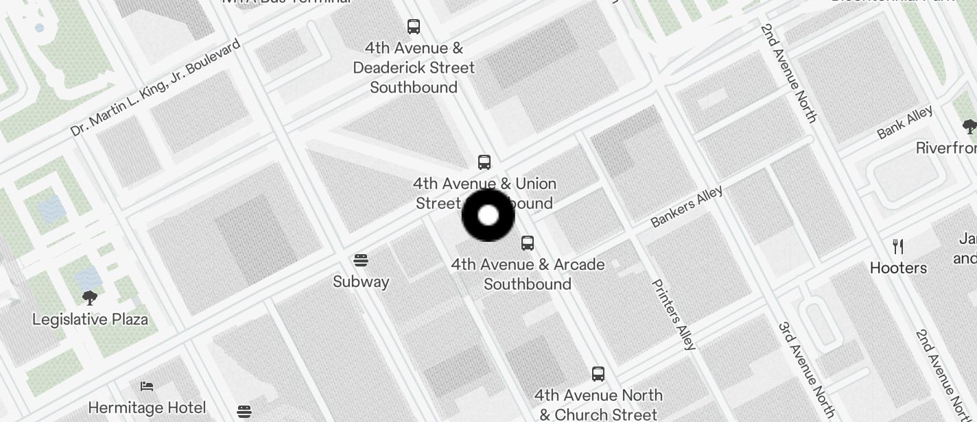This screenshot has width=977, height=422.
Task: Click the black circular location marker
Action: (488, 215)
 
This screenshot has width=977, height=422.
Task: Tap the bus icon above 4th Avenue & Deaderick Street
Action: (414, 27)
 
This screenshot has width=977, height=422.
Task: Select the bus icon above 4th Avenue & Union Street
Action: (484, 162)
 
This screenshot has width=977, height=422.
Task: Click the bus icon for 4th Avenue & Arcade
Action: (528, 243)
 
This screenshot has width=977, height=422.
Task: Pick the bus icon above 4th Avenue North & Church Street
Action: (598, 374)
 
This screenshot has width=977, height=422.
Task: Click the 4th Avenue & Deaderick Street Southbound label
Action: (414, 68)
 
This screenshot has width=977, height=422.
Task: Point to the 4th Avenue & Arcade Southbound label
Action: (528, 274)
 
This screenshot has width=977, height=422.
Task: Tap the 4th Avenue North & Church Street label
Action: (598, 405)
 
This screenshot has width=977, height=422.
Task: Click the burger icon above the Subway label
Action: (361, 260)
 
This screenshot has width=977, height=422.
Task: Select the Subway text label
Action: (361, 282)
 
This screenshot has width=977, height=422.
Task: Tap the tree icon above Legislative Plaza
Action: (90, 298)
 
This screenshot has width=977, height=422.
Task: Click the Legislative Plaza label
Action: (90, 319)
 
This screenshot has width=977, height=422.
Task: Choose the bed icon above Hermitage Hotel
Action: (147, 386)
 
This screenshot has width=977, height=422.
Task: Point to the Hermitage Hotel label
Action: (147, 408)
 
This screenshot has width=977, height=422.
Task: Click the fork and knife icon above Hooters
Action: (898, 247)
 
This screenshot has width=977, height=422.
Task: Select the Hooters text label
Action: (898, 268)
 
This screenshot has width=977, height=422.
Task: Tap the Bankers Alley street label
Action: (687, 206)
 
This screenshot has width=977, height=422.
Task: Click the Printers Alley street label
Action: (674, 314)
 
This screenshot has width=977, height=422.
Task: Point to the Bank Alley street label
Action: (905, 123)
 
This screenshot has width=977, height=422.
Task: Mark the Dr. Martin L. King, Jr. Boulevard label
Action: (156, 87)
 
